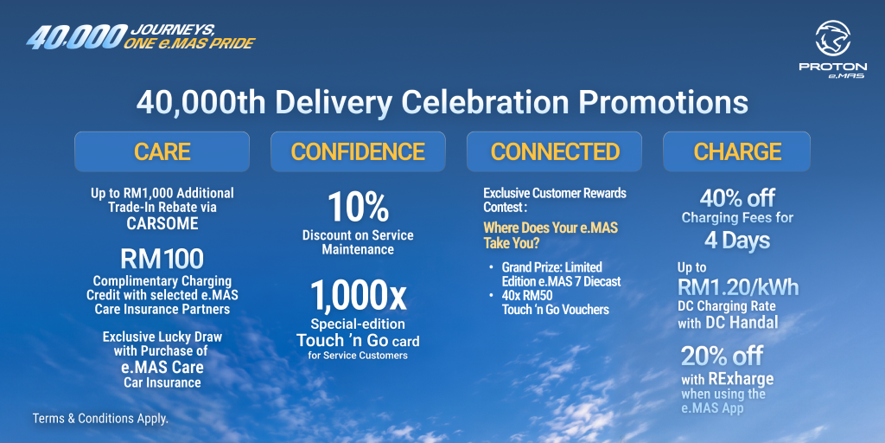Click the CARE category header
[x=162, y=151]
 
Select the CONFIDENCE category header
[x=358, y=151]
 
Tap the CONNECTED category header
[x=554, y=151]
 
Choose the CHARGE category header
[x=737, y=151]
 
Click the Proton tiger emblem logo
[x=832, y=38]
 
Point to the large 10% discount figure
[x=359, y=208]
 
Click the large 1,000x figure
[x=359, y=296]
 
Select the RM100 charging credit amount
[x=162, y=259]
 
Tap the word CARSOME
[x=162, y=223]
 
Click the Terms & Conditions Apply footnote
[x=100, y=420]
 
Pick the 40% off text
[x=737, y=198]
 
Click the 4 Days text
[x=737, y=241]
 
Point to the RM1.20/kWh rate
[x=738, y=287]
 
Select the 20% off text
[x=722, y=356]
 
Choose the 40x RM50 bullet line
[x=546, y=303]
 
